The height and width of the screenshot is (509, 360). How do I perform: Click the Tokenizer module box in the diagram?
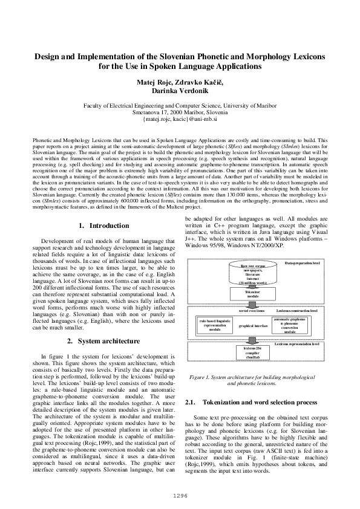coord(252,293)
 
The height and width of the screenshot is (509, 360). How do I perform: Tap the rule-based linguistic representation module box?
coord(215,325)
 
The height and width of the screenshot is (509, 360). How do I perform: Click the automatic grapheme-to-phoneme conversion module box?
coord(289,325)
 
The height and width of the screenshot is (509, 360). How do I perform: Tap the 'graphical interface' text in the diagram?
coord(252,325)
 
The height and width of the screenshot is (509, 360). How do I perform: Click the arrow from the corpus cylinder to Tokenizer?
coord(252,286)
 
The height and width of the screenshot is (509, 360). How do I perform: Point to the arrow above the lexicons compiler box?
coord(252,341)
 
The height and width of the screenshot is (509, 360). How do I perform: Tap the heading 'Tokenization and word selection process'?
coord(260,401)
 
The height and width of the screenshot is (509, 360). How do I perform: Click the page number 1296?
coord(180,494)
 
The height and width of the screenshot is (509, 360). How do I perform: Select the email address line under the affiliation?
coord(180,120)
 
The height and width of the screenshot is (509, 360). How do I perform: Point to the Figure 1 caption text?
coord(252,380)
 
